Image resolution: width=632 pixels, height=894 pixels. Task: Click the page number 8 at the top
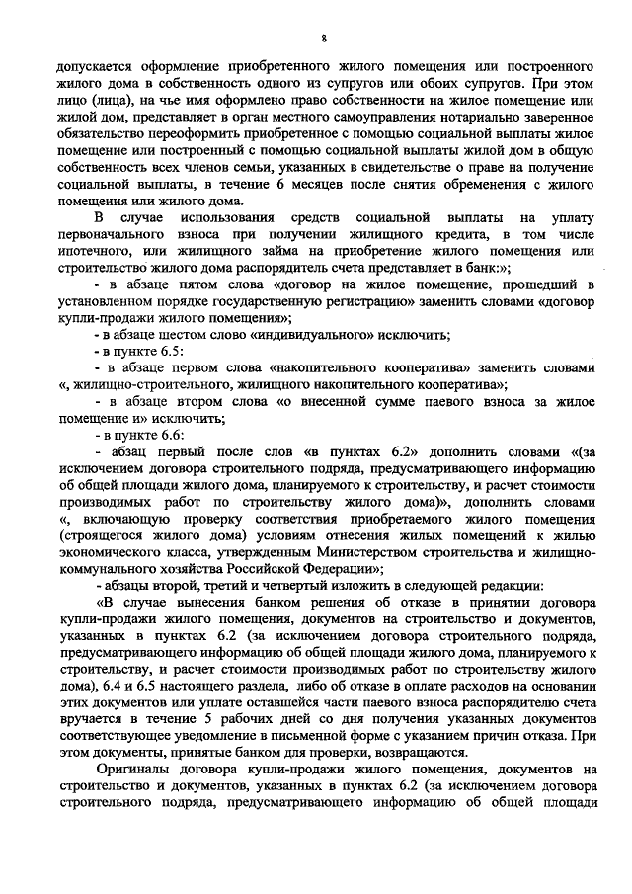coord(323,38)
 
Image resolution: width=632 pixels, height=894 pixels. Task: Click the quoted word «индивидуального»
coord(312,335)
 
